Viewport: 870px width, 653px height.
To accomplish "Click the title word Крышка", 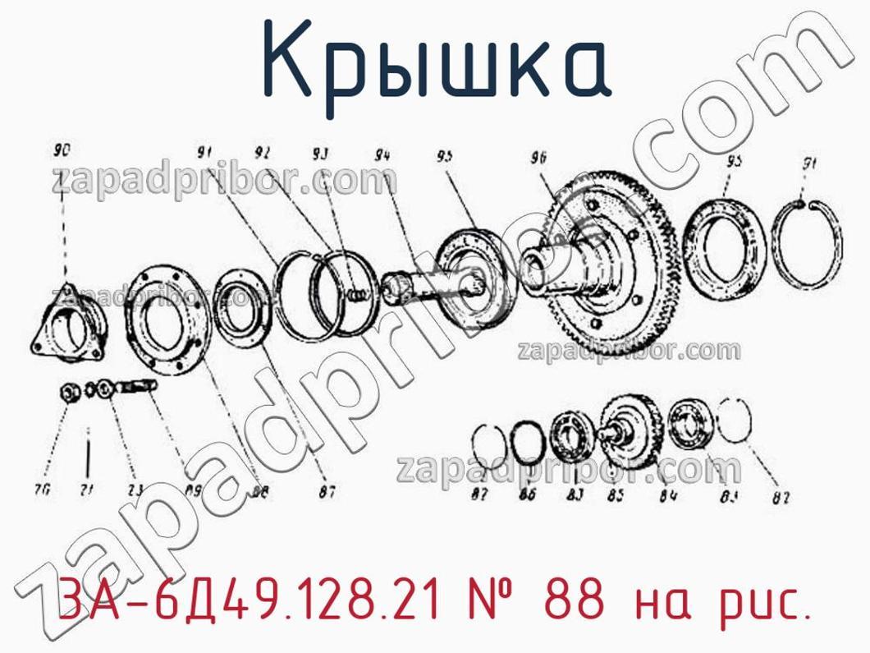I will click(x=436, y=60).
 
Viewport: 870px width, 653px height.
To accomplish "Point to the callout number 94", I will click(x=382, y=154).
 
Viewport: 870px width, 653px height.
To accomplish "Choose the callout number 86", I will click(x=527, y=494).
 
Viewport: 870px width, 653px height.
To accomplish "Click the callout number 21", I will click(x=87, y=491).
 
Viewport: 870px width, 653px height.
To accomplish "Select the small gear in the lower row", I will click(x=628, y=427).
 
